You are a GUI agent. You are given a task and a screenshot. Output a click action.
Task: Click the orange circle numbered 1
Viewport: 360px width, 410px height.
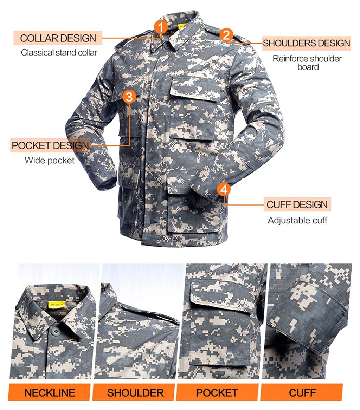pos(161,27)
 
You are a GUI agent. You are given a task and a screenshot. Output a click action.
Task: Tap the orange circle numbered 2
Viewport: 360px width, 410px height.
pos(226,35)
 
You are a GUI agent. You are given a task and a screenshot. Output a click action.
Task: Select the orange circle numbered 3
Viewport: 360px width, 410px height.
pos(129,97)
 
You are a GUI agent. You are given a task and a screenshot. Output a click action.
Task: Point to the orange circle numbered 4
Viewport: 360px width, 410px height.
pos(224,189)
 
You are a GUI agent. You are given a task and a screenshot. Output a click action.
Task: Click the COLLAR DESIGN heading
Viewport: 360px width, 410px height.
pos(58,38)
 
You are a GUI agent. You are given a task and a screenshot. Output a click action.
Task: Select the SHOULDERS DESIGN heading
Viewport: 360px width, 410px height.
pos(306,43)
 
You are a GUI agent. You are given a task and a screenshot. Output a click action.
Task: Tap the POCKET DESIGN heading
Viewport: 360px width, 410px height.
pos(50,146)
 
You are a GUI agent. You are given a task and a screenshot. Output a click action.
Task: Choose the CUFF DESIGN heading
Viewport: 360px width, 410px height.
pos(297,204)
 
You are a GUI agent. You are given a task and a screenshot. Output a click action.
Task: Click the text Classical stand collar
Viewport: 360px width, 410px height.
pos(59,53)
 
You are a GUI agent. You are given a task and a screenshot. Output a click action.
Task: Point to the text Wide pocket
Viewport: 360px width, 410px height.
pos(50,160)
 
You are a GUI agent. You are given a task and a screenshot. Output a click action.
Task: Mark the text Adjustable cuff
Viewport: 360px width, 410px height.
pos(297,220)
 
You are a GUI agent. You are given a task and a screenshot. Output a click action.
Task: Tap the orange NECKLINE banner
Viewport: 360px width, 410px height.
pos(50,392)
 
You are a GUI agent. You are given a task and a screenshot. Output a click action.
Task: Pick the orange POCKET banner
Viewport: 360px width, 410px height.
pos(217,392)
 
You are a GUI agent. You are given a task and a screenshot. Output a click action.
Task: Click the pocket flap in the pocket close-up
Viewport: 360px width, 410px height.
pos(223,295)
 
